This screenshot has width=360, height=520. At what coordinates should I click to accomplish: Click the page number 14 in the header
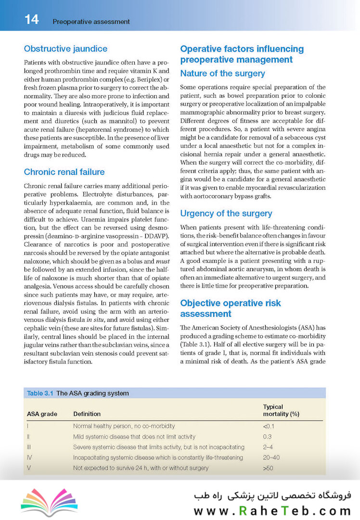(x=32, y=20)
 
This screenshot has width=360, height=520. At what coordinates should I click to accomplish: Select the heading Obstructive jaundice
(x=65, y=49)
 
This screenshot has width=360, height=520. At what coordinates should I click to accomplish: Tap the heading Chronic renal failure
(x=64, y=172)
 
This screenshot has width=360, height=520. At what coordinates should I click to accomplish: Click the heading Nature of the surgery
(x=222, y=74)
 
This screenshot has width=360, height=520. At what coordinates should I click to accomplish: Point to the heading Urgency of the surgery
(x=226, y=213)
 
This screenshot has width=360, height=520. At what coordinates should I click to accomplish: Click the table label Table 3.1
(x=40, y=393)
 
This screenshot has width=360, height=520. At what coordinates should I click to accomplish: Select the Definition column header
(x=87, y=414)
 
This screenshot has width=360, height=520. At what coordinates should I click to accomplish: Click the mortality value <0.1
(x=269, y=426)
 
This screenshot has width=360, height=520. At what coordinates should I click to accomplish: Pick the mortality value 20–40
(x=271, y=457)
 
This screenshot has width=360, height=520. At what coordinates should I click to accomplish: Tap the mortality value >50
(x=269, y=468)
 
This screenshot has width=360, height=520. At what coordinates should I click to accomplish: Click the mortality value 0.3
(x=268, y=437)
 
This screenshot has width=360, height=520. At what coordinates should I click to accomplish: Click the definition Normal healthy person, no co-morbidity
(x=124, y=426)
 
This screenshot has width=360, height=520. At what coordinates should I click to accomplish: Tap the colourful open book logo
(x=42, y=501)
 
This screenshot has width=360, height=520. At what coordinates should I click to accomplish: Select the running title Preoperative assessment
(x=91, y=22)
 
